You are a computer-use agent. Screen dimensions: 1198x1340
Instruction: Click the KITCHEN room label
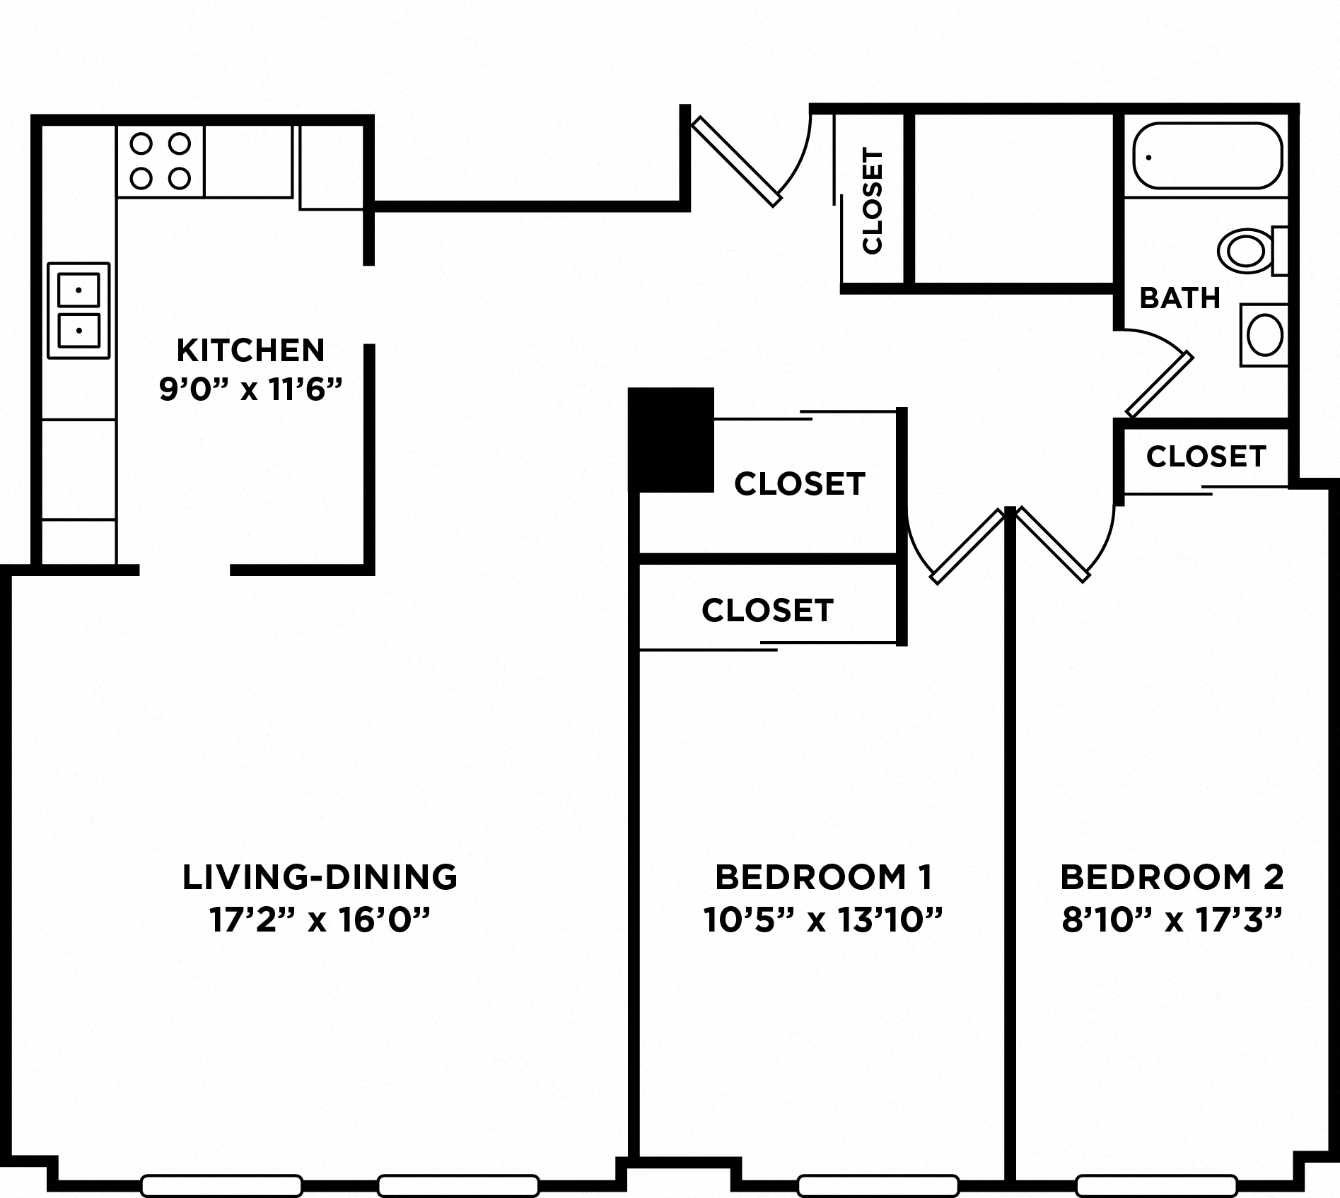point(250,350)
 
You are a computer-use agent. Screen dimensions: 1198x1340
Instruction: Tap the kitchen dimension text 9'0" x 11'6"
point(250,389)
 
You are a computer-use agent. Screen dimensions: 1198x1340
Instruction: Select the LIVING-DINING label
point(320,877)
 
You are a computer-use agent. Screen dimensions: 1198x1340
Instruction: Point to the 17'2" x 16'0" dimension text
point(320,920)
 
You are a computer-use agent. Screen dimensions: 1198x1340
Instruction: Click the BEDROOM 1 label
point(823,877)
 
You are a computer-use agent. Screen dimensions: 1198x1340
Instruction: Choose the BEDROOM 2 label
point(1172,877)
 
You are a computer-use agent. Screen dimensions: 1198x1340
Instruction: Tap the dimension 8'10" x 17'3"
point(1172,920)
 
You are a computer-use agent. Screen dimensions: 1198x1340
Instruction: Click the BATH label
point(1180,298)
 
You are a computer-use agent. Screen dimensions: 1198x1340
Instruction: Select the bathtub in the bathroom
point(1207,156)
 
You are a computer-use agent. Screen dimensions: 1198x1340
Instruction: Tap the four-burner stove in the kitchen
point(161,161)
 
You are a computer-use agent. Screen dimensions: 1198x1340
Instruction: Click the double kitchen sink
point(78,310)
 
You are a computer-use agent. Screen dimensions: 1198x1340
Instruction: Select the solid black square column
point(671,440)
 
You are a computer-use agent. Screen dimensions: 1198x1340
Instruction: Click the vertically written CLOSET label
point(873,201)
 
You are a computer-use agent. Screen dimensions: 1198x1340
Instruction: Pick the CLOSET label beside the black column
point(799,484)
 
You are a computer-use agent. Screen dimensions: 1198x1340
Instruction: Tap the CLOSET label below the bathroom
point(1206,457)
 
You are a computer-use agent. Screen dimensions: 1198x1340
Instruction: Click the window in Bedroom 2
point(1156,1185)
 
